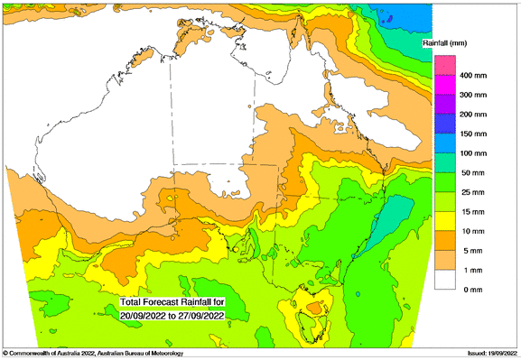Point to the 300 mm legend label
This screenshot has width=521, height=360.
[x=475, y=94]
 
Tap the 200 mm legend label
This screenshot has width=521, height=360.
[x=475, y=115]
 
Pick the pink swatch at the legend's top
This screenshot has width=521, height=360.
[x=444, y=65]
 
